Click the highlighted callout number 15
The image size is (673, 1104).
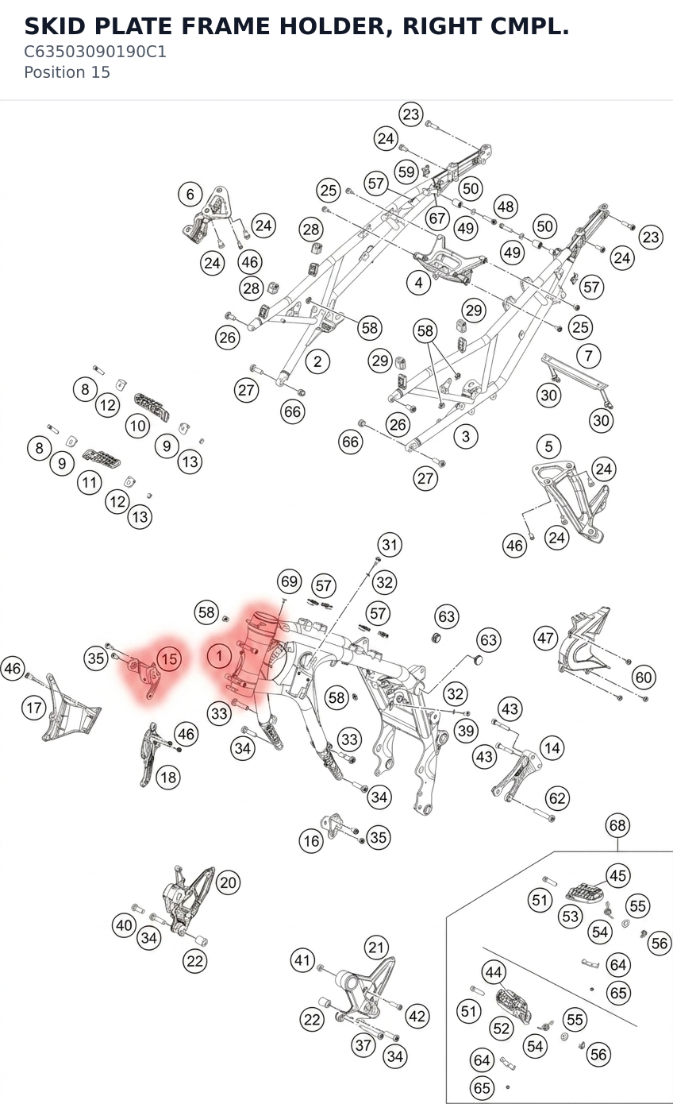169,659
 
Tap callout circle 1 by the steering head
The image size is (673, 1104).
220,656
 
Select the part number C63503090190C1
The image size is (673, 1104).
95,52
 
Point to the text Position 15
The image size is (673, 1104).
67,72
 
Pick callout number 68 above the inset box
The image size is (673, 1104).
617,825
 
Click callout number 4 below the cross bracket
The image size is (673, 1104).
418,283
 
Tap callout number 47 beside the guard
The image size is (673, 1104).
545,639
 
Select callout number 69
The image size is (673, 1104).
289,581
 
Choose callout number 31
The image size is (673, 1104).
390,545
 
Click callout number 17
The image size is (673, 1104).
34,708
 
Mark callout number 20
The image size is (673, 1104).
228,882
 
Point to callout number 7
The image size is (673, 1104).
588,355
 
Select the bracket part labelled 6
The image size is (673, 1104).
207,216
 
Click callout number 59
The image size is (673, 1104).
406,172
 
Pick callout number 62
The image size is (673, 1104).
557,798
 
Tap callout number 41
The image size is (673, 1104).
302,960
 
